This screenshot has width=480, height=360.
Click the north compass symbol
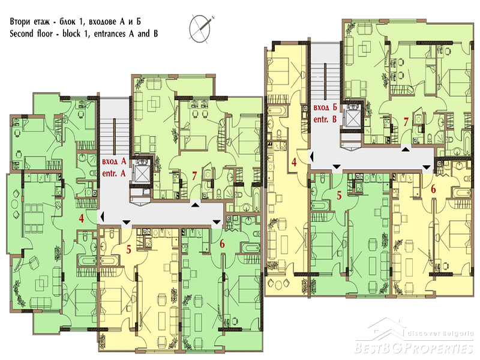pyautogui.click(x=200, y=28)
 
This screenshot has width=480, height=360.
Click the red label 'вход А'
pyautogui.click(x=114, y=161)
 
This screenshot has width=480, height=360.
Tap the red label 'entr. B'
pyautogui.click(x=325, y=119)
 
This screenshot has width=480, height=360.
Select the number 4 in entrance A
pyautogui.click(x=81, y=218)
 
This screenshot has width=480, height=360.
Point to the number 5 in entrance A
pyautogui.click(x=129, y=250)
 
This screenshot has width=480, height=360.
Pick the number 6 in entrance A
pyautogui.click(x=222, y=244)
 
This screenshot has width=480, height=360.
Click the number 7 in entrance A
pyautogui.click(x=194, y=176)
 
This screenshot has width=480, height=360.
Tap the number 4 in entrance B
pyautogui.click(x=294, y=162)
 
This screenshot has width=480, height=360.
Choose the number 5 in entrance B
pyautogui.click(x=339, y=196)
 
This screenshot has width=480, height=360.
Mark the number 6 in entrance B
pyautogui.click(x=433, y=189)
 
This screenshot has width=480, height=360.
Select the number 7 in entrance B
pyautogui.click(x=406, y=122)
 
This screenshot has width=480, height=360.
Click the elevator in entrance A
pyautogui.click(x=142, y=173)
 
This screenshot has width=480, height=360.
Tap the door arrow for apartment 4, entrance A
pyautogui.click(x=103, y=217)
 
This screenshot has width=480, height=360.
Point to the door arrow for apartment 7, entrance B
pyautogui.click(x=406, y=149)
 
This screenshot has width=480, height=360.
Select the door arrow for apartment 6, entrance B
pyautogui.click(x=427, y=167)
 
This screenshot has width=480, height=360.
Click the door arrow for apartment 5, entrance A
pyautogui.click(x=126, y=222)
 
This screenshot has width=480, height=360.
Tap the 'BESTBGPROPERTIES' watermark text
pyautogui.click(x=414, y=349)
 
